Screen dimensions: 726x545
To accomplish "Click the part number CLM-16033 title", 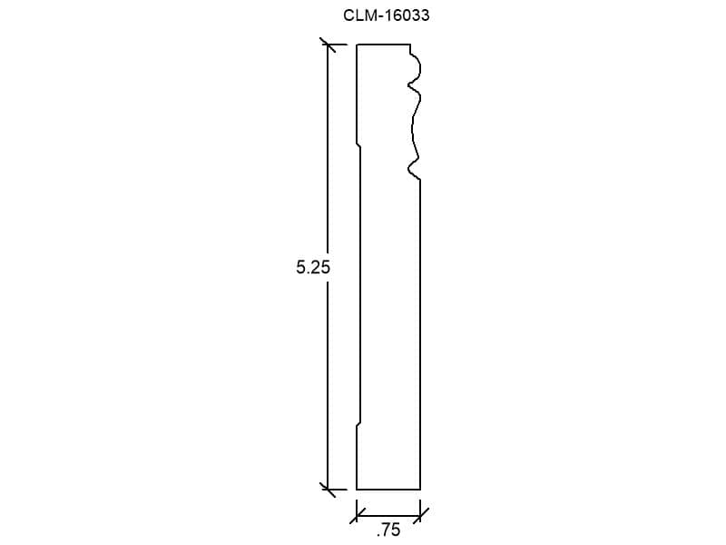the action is (x=387, y=15).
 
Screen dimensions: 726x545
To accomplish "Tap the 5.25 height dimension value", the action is (x=313, y=267).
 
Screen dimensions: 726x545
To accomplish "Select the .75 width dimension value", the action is (x=388, y=530).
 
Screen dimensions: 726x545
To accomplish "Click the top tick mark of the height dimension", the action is (x=329, y=45).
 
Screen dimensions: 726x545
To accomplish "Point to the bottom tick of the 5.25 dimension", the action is (x=329, y=490).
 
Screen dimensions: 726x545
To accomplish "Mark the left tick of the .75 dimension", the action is (x=357, y=515).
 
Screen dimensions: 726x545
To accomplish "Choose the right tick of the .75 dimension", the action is (x=420, y=515).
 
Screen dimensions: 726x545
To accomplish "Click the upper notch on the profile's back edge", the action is (x=358, y=145).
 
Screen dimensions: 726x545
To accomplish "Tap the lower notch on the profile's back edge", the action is (x=358, y=424).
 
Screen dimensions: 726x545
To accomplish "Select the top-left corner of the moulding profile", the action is (x=357, y=45).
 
